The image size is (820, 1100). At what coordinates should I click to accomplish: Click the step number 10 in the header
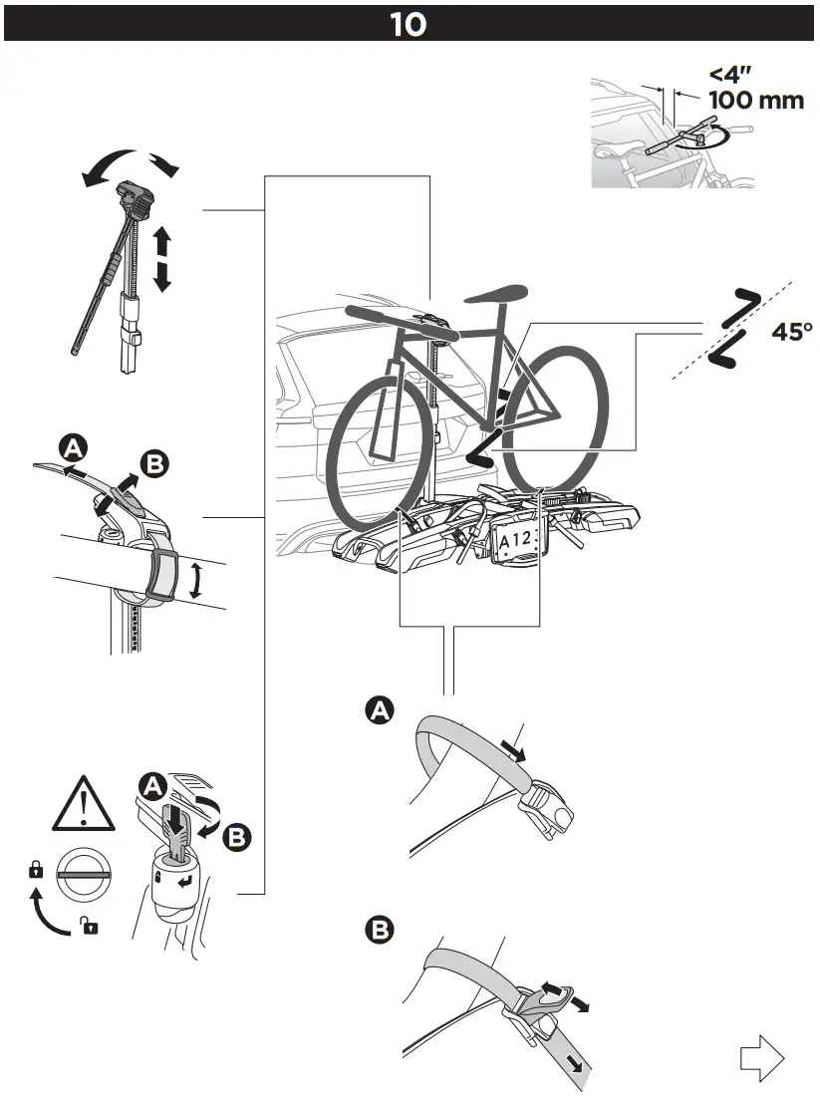pos(409,24)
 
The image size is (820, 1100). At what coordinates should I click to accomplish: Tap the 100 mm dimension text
pos(756,101)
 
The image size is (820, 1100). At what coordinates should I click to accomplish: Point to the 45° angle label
pos(792,332)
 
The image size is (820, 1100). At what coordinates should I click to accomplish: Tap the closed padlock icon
pos(36,870)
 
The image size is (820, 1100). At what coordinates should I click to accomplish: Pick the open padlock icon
pos(90,928)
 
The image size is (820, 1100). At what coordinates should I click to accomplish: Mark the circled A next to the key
pos(152,786)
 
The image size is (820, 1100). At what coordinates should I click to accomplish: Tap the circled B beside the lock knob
pos(236,837)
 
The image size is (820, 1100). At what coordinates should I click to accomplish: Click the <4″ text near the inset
pos(732,74)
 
